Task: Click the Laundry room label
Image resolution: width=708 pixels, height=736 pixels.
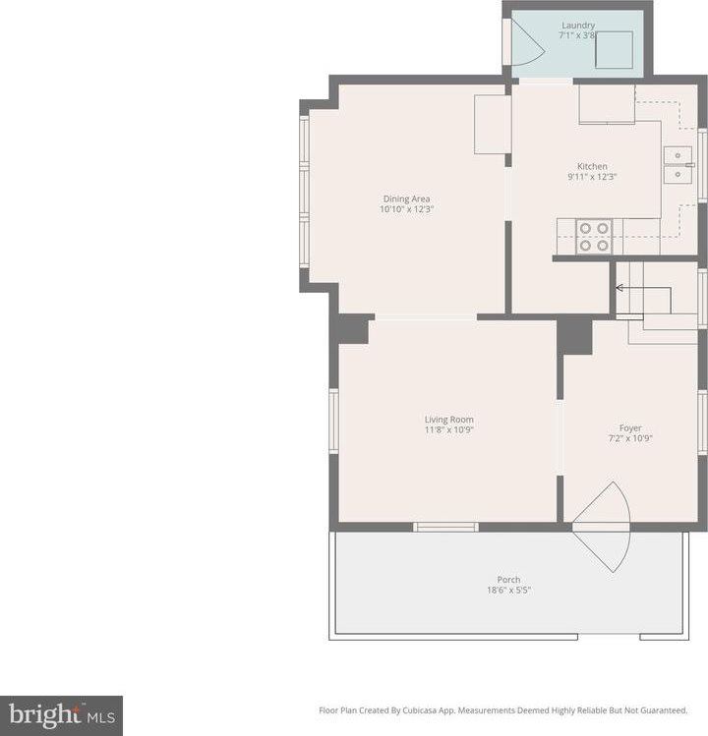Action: pyautogui.click(x=578, y=26)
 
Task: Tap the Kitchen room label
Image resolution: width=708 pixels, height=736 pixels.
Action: pyautogui.click(x=592, y=166)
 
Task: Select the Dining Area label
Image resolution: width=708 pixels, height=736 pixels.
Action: pyautogui.click(x=406, y=198)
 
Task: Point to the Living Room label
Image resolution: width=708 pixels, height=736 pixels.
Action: pyautogui.click(x=448, y=420)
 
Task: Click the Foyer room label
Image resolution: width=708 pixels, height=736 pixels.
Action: pyautogui.click(x=630, y=428)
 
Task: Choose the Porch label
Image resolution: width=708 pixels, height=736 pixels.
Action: pyautogui.click(x=508, y=580)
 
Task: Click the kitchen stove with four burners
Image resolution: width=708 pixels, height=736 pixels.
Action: pyautogui.click(x=594, y=237)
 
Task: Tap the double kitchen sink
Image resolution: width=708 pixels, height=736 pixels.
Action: pyautogui.click(x=678, y=165)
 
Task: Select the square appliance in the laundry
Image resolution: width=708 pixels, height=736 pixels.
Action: pyautogui.click(x=614, y=50)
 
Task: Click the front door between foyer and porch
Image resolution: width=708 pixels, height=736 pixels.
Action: pyautogui.click(x=602, y=527)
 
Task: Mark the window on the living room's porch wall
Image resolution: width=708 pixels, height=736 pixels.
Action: pyautogui.click(x=445, y=527)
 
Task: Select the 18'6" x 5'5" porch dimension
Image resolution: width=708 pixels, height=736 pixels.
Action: pyautogui.click(x=508, y=590)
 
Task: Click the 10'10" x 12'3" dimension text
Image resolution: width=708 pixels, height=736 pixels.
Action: pyautogui.click(x=406, y=209)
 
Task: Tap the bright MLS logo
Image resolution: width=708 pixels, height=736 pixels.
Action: pyautogui.click(x=62, y=715)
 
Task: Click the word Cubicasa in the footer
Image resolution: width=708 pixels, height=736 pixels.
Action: pyautogui.click(x=420, y=710)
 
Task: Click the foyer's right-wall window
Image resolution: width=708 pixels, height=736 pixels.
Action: pyautogui.click(x=702, y=423)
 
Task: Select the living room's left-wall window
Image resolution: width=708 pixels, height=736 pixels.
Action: pyautogui.click(x=333, y=421)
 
